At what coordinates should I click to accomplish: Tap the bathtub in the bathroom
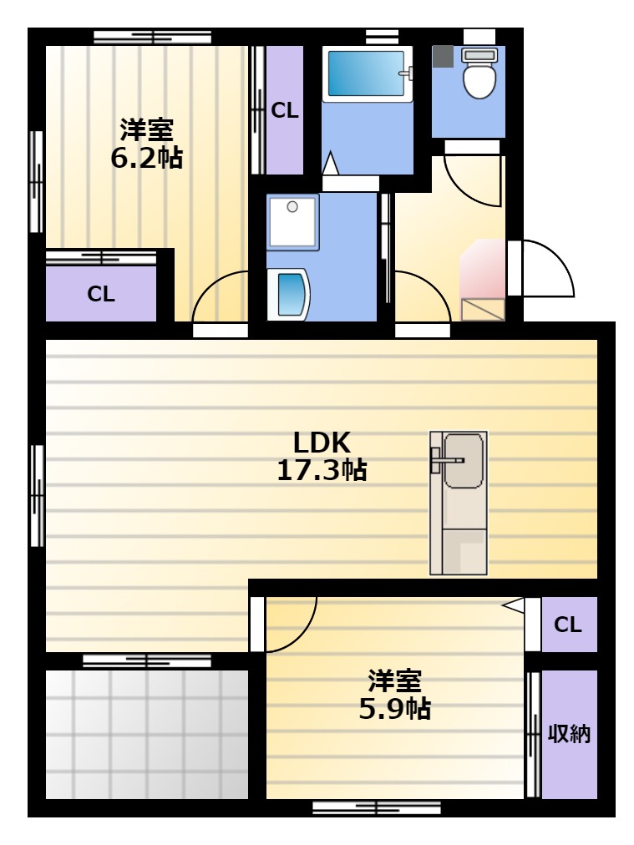tap(368, 73)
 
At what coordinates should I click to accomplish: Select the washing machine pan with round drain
tap(293, 222)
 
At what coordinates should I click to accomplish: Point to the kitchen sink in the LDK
tap(463, 461)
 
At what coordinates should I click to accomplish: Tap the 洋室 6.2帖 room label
tap(147, 144)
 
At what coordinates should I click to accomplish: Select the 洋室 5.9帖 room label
tap(394, 695)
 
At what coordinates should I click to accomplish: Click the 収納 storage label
tap(570, 734)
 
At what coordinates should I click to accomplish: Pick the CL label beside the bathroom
tap(285, 110)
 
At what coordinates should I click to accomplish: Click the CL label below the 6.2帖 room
tap(101, 294)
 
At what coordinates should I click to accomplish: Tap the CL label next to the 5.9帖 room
tap(568, 625)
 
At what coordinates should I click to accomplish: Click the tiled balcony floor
tap(147, 734)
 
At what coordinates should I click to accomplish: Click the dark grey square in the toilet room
tap(444, 56)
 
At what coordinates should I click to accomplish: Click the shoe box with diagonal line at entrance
tap(483, 310)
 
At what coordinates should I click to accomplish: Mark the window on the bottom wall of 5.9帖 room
tap(377, 807)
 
